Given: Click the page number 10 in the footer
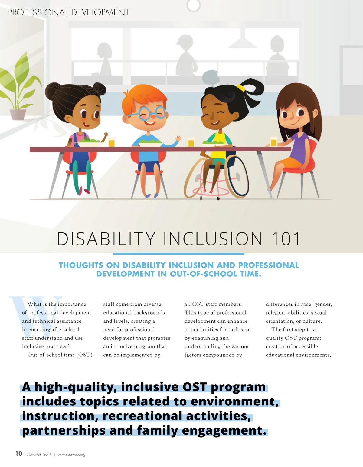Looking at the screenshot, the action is (x=19, y=453).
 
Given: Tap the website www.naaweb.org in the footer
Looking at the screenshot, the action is (x=71, y=455).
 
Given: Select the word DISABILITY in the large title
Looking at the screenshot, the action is (x=106, y=239).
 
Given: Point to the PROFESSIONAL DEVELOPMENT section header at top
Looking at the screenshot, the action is (x=69, y=12).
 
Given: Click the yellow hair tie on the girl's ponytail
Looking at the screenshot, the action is (x=241, y=88).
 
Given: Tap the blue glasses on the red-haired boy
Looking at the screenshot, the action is (x=147, y=113).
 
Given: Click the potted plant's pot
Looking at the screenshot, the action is (x=18, y=115).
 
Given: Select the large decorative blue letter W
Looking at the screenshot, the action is (x=35, y=316).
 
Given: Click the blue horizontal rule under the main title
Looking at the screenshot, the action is (x=178, y=254).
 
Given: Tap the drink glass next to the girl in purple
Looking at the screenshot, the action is (x=273, y=142).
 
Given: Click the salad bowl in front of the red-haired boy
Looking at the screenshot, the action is (x=150, y=143).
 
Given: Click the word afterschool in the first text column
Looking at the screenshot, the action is (x=65, y=329).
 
